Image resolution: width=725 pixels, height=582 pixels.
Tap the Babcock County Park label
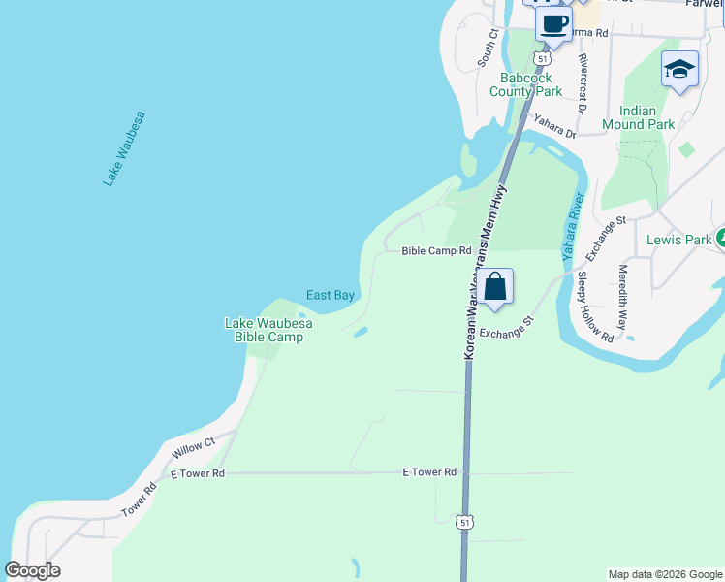(525, 84)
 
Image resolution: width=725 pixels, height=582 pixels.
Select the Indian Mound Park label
(638, 117)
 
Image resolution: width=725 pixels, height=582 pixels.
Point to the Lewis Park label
(680, 240)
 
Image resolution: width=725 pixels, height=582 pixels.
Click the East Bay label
(330, 295)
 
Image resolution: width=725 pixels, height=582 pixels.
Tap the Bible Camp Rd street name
(436, 251)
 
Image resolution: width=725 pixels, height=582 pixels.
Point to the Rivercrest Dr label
(583, 82)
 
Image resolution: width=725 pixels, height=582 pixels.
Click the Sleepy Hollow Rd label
(595, 307)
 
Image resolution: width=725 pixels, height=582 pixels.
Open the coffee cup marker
(553, 24)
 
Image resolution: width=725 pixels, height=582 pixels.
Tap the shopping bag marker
(494, 287)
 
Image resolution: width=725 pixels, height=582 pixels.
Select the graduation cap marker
(679, 70)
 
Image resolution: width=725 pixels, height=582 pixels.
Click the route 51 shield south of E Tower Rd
(466, 522)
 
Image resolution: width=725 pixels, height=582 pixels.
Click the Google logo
(32, 570)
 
